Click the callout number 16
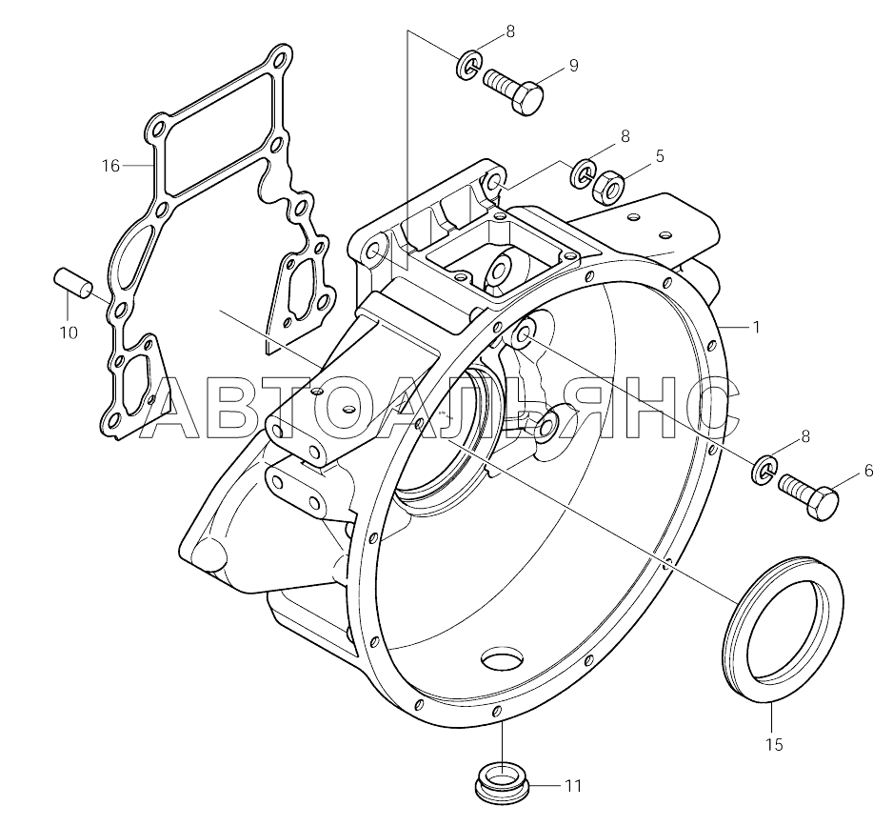(110, 166)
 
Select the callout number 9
(574, 65)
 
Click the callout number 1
(756, 327)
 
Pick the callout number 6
(867, 470)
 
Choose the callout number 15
(773, 745)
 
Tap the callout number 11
(572, 786)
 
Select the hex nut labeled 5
(606, 185)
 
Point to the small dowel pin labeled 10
(70, 283)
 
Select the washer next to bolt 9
(468, 67)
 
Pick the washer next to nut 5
(583, 175)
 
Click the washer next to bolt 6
(764, 468)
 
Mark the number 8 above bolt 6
(805, 437)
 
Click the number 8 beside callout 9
(510, 31)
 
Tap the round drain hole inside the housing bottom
(504, 660)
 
